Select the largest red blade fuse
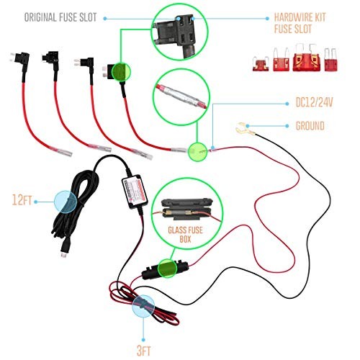pyautogui.click(x=302, y=64)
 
